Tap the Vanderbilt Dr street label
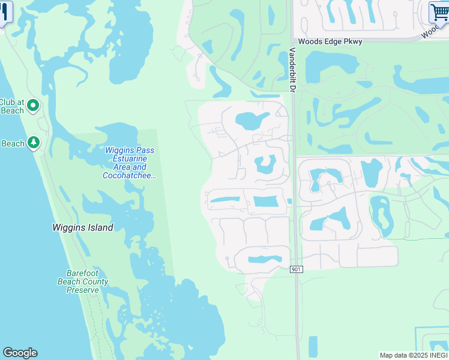click(293, 70)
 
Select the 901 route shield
click(297, 269)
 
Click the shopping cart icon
click(439, 12)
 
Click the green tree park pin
click(34, 143)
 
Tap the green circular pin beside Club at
click(33, 106)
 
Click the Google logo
click(20, 353)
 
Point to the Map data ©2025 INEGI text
click(414, 355)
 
